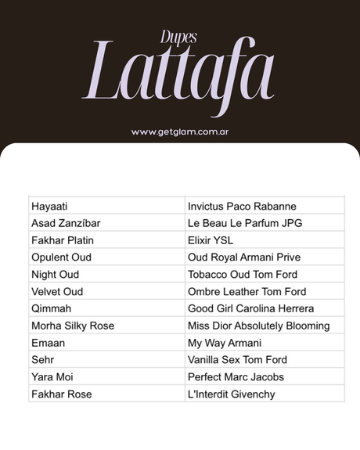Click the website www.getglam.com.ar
point(180,132)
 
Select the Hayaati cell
point(49,207)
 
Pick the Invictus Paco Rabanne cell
point(242,207)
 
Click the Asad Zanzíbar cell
point(66,224)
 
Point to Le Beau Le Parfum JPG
point(245,224)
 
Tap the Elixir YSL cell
point(211,240)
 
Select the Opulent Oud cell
point(62,257)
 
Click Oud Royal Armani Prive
point(244,257)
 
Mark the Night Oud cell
point(56,275)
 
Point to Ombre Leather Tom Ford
point(247,292)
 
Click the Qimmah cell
point(52,308)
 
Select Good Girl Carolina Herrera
point(250,308)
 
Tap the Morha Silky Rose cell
point(73,326)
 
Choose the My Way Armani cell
point(225,343)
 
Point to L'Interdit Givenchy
point(232,394)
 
